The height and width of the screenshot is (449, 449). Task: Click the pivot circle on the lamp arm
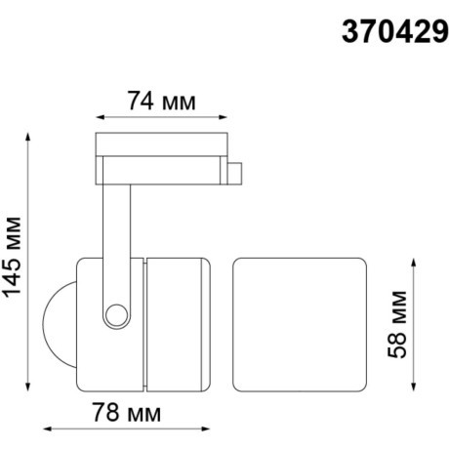pos(117,314)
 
